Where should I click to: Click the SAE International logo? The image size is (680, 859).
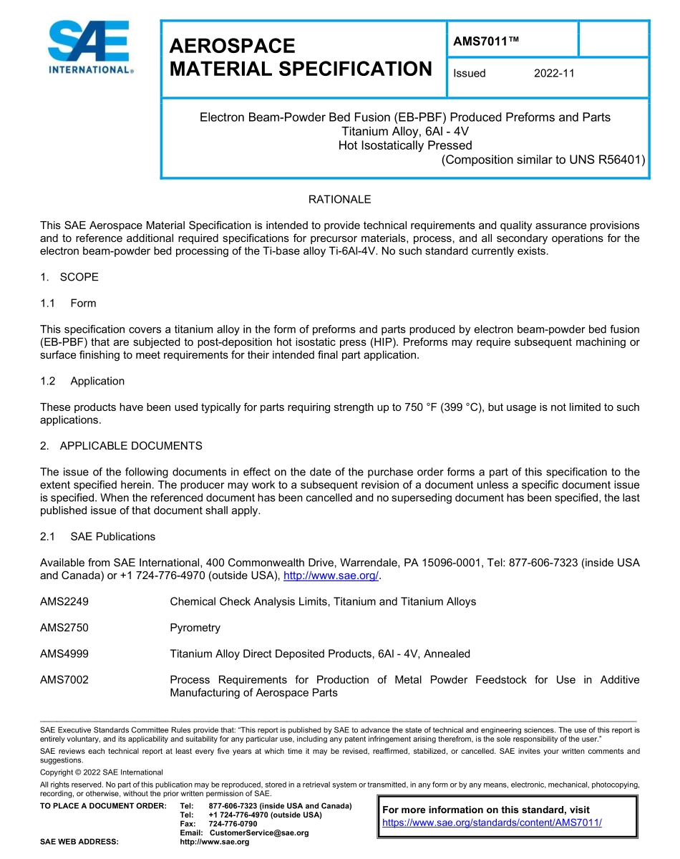pos(89,48)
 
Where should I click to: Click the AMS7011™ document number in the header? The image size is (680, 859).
pos(485,41)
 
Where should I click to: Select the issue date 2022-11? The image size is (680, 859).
pos(554,73)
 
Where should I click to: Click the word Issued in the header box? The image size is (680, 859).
pos(470,73)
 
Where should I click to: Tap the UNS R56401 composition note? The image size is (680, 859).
pos(543,160)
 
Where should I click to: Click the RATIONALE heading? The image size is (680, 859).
pos(339,199)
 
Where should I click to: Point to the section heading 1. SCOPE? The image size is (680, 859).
pos(69,277)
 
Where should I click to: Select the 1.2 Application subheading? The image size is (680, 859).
pos(82,381)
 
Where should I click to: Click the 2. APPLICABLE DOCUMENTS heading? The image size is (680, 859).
pos(121,445)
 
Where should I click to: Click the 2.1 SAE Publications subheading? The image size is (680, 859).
pos(97,536)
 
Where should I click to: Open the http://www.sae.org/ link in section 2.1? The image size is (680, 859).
pos(331,576)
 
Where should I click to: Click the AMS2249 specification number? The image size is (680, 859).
pos(64,601)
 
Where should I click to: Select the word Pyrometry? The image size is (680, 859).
pos(195,628)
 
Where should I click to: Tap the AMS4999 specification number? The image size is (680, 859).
pos(64,654)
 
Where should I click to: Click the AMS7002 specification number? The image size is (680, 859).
pos(64,679)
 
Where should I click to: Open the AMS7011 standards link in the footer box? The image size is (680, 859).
pos(492,822)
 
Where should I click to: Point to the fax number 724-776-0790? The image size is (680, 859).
pos(233,824)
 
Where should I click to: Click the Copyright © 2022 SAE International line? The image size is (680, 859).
pos(102,772)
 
